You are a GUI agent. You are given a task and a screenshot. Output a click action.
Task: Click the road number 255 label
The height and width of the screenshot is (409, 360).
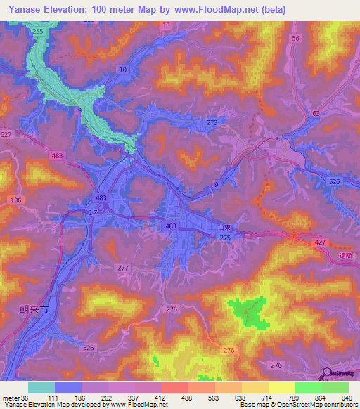click(37, 32)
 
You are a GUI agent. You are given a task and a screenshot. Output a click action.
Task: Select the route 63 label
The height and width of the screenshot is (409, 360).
click(316, 112)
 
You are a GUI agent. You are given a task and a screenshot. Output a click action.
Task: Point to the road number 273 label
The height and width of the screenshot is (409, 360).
click(212, 123)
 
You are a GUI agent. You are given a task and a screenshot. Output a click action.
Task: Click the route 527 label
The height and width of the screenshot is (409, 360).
click(7, 134)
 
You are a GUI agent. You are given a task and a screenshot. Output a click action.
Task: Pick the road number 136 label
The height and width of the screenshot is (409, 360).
click(17, 200)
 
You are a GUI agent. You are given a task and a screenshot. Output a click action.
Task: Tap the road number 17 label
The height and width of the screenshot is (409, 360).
click(93, 212)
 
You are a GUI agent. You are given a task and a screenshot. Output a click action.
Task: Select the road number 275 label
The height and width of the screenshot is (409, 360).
click(224, 239)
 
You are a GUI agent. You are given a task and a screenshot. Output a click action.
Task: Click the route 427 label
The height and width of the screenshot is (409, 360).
click(320, 242)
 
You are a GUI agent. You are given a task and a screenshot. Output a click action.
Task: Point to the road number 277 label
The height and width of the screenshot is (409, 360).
click(123, 268)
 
